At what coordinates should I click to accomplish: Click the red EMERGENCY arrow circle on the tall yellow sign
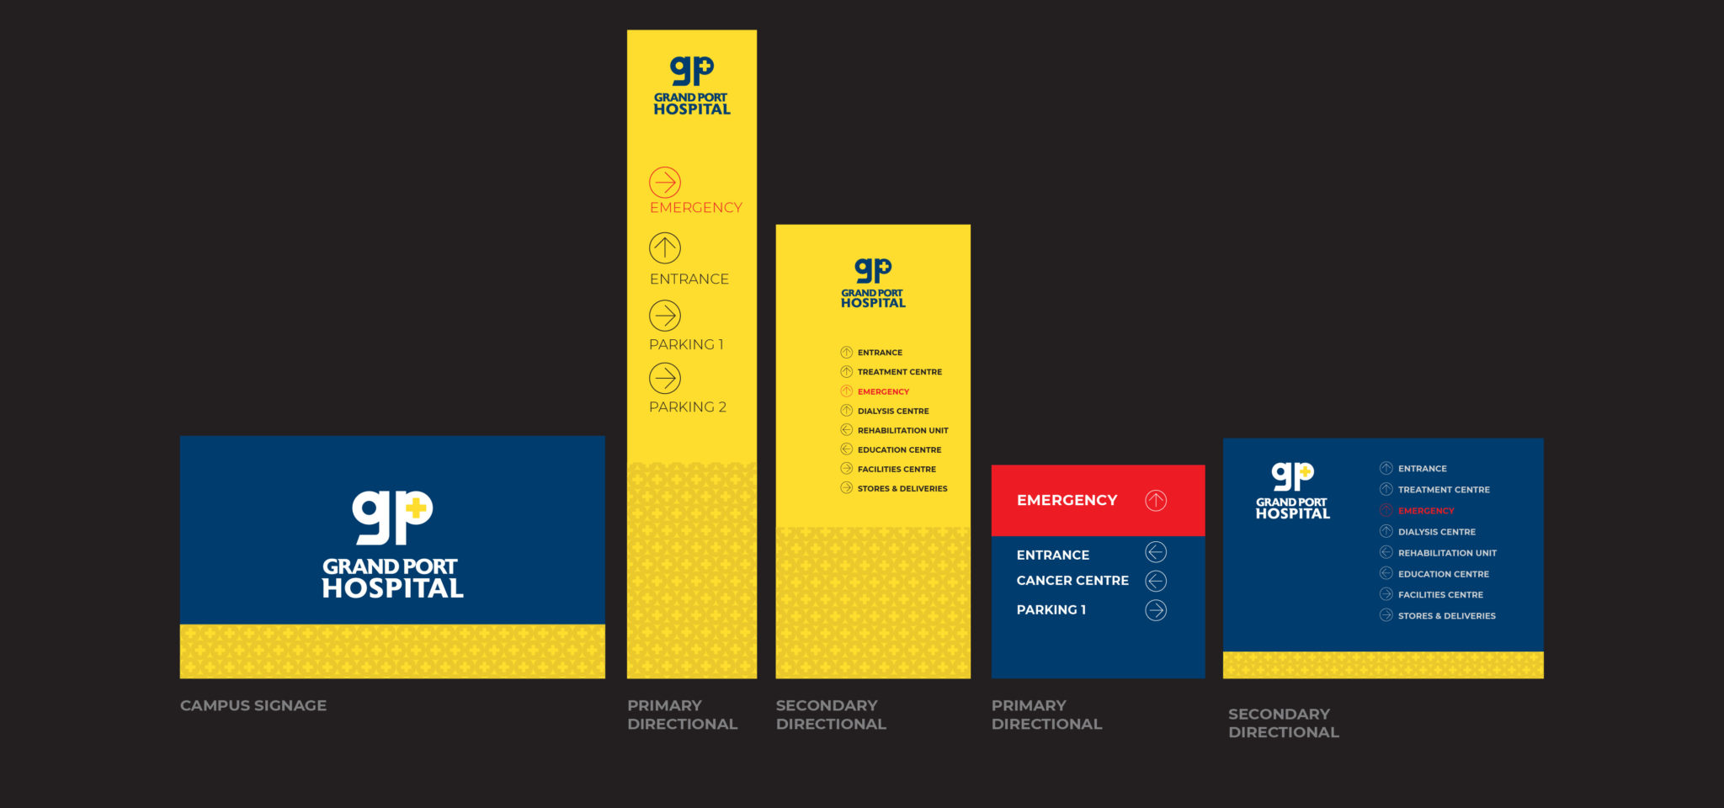point(665,182)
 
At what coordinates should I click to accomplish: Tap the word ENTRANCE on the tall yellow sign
point(689,279)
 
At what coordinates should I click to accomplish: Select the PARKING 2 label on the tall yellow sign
point(687,407)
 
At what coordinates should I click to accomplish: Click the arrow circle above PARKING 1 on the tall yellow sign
point(665,316)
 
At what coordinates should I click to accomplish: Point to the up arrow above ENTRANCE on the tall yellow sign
point(665,247)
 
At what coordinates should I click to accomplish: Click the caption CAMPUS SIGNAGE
point(253,705)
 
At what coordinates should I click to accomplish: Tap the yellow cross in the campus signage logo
point(415,508)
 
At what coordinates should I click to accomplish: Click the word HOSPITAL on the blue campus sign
point(392,588)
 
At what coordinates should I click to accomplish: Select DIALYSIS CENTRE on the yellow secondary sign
point(893,411)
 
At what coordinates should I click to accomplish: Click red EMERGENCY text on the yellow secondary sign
point(883,391)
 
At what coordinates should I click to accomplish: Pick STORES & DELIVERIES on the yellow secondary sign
point(902,488)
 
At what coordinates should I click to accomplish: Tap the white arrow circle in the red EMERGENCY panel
point(1156,501)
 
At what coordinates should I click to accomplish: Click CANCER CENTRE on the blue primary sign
point(1072,581)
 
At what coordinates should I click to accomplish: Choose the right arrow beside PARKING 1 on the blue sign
point(1156,610)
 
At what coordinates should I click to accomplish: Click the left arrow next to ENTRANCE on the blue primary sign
point(1156,552)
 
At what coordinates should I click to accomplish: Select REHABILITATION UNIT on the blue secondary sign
point(1447,553)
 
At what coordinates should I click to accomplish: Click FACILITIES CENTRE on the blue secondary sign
point(1440,595)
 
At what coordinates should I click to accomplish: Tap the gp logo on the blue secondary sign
point(1292,476)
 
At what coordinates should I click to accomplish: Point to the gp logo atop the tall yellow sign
point(691,71)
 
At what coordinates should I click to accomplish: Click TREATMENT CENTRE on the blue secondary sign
point(1444,490)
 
